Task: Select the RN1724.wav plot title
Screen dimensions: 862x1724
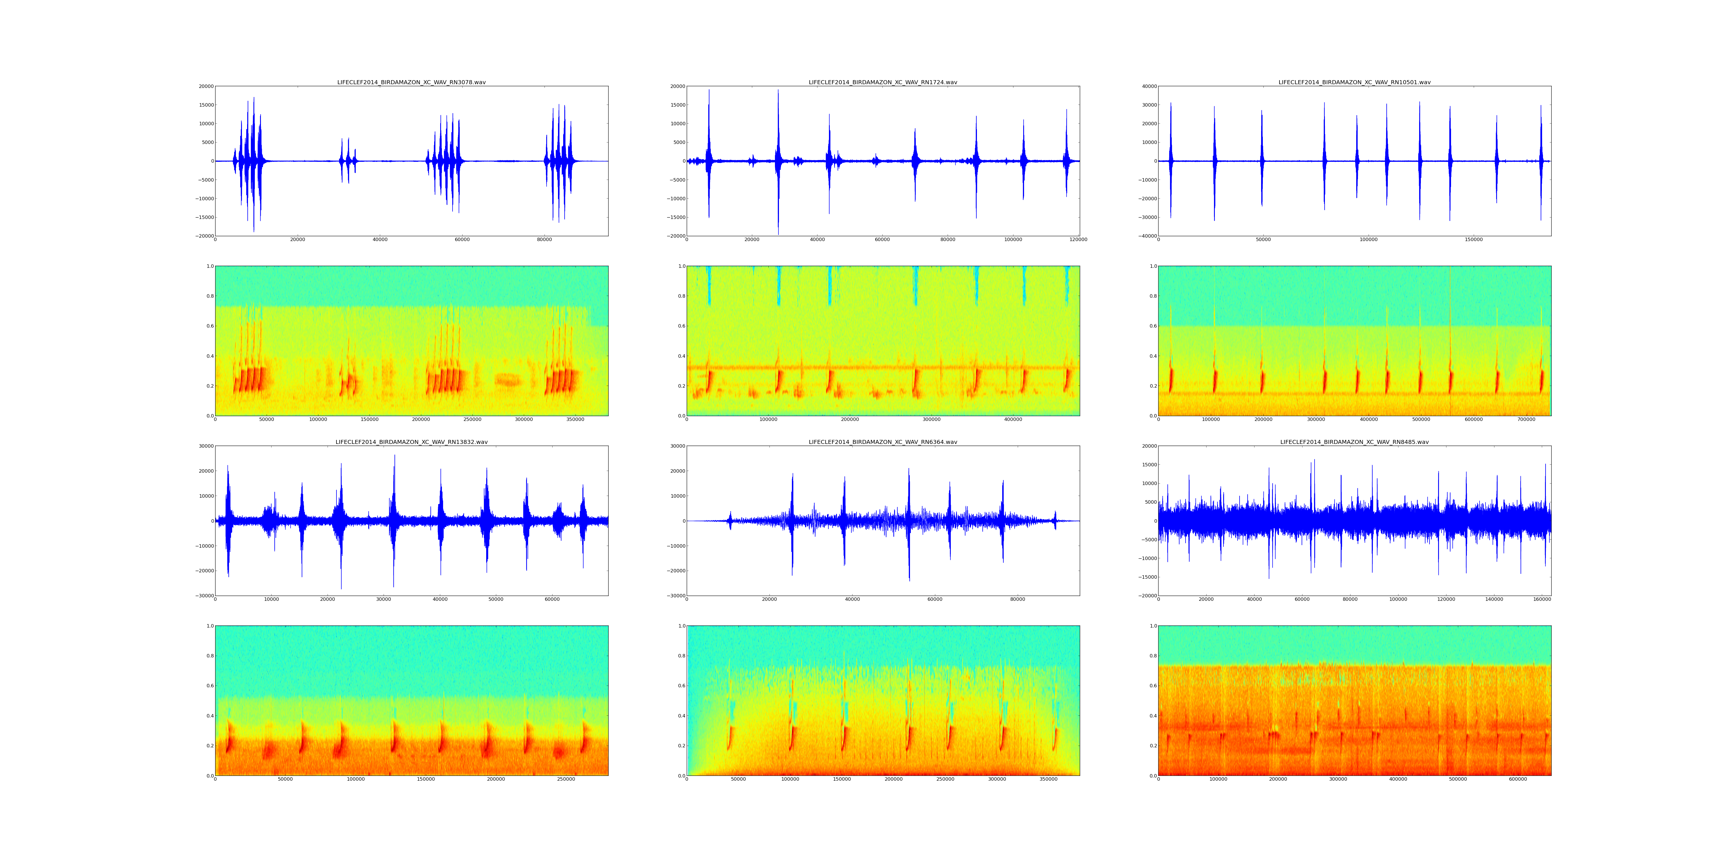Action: (x=883, y=82)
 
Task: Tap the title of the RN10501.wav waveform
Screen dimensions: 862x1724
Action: (x=1354, y=82)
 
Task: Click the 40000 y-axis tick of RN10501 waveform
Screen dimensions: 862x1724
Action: (x=1148, y=86)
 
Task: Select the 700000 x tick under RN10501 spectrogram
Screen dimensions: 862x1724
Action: (x=1526, y=420)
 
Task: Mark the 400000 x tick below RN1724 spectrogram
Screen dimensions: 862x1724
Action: (x=1013, y=420)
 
